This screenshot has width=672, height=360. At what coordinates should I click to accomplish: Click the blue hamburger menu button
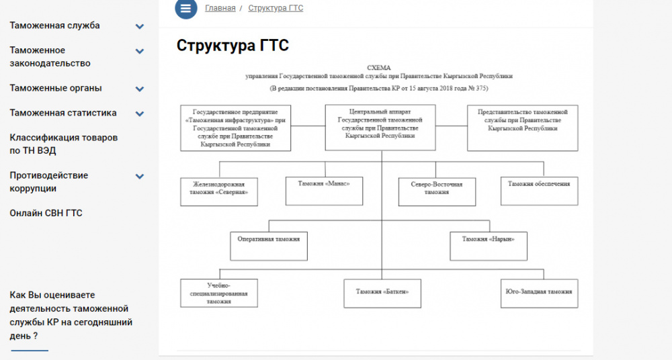(186, 9)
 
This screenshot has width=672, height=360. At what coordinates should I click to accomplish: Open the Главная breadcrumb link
(220, 9)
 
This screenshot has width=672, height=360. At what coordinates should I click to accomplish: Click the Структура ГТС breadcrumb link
(276, 9)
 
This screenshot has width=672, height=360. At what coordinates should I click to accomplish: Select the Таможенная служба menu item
(54, 26)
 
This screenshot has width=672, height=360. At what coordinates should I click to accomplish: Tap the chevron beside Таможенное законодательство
(140, 51)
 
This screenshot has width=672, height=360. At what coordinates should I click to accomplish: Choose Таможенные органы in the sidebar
(56, 88)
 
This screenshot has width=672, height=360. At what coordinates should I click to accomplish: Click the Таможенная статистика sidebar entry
(63, 113)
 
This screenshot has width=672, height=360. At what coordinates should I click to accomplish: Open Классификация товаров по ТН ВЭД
(63, 144)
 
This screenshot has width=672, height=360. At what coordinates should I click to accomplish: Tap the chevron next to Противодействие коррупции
(140, 177)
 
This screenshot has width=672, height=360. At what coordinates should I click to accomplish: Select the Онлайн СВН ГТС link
(46, 213)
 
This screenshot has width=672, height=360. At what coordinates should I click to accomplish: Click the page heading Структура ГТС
(233, 46)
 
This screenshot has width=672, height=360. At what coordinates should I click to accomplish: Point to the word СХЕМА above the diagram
(378, 68)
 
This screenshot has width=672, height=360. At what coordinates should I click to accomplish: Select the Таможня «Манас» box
(315, 191)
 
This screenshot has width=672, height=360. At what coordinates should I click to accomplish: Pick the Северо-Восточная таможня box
(437, 191)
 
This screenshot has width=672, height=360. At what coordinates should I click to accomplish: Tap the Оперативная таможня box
(269, 246)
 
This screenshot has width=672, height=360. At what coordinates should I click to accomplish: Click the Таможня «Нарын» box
(488, 246)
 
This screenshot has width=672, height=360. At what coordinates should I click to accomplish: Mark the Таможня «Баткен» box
(382, 294)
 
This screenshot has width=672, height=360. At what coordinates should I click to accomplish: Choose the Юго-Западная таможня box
(539, 294)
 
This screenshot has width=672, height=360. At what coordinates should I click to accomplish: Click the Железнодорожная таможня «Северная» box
(219, 191)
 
